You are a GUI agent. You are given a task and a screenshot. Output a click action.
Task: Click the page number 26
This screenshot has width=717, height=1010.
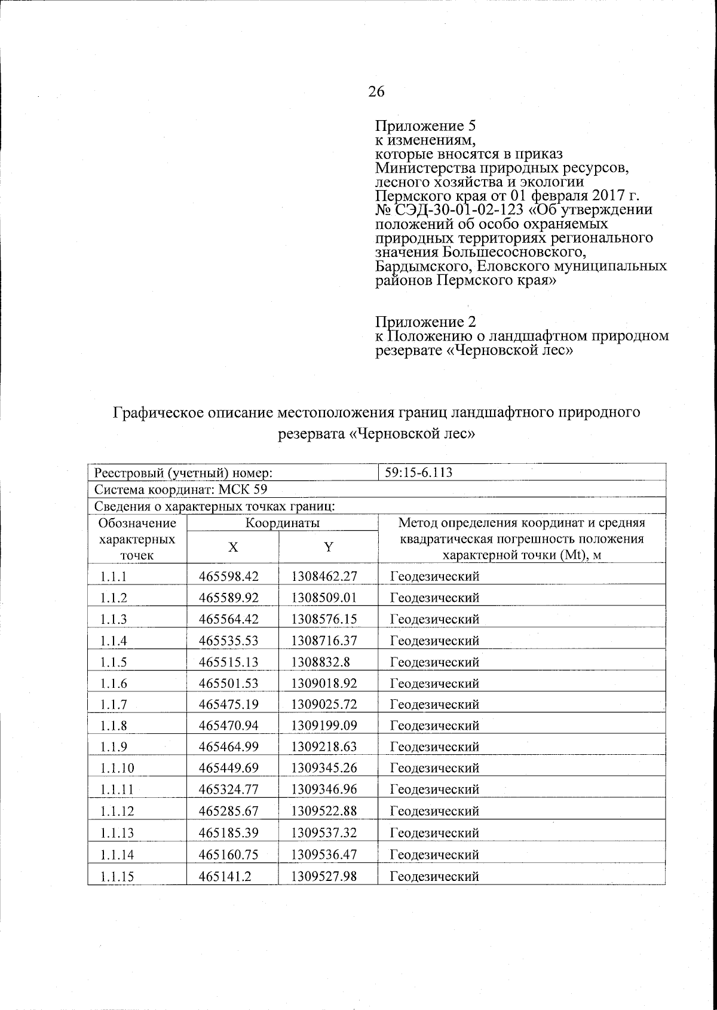(x=376, y=91)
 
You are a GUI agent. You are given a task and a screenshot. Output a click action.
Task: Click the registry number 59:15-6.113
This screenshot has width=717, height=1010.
(x=418, y=473)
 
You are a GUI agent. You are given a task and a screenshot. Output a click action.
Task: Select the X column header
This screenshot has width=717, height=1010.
(x=232, y=547)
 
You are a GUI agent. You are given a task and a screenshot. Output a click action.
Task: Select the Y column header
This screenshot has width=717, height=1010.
(x=327, y=547)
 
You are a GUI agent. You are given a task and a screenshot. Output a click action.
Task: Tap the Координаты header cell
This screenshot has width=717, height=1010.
(x=283, y=523)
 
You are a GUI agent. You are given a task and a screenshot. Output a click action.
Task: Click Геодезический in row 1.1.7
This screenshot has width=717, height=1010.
(x=434, y=705)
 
